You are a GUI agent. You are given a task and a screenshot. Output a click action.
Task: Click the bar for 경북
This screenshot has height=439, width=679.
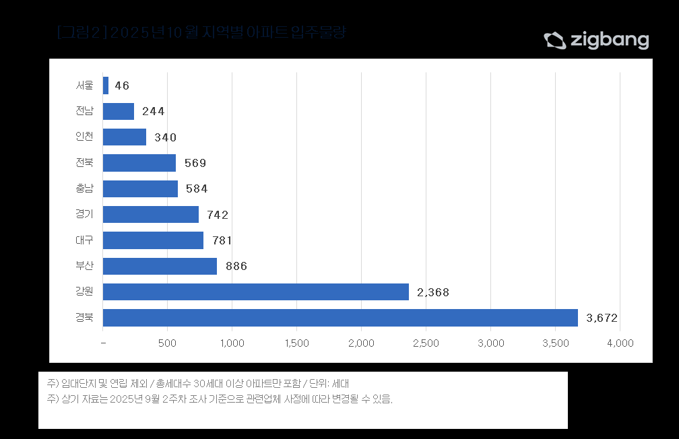click(x=340, y=318)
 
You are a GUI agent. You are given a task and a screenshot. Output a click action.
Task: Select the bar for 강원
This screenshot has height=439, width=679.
click(x=256, y=292)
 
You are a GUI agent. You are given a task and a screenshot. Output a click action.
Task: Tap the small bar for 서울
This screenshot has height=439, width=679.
click(x=106, y=86)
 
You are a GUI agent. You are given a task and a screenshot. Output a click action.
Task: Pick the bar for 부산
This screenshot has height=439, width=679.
click(x=160, y=266)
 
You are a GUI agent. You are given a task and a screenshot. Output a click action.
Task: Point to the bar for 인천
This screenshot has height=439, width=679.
click(x=125, y=137)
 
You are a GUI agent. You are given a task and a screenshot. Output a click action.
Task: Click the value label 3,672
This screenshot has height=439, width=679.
click(x=602, y=318)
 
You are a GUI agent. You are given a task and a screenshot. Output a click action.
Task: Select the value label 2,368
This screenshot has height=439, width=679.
click(x=432, y=292)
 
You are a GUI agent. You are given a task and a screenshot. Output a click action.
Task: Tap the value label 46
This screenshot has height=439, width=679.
click(x=122, y=86)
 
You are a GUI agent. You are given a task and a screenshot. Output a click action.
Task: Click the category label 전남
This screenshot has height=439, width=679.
click(x=85, y=111)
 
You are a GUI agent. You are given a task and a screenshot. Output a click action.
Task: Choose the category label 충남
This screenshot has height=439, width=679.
click(x=85, y=189)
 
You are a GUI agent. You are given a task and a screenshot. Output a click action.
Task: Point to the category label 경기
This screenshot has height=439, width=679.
click(x=85, y=214)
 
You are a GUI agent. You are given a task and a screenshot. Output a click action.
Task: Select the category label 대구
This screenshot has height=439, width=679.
click(x=85, y=240)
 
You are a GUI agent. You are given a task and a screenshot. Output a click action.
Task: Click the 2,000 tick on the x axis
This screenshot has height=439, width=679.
click(x=362, y=343)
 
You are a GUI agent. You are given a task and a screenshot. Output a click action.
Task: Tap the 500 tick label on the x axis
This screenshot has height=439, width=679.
click(x=167, y=343)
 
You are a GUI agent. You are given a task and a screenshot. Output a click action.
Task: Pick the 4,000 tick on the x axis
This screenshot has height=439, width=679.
click(x=620, y=343)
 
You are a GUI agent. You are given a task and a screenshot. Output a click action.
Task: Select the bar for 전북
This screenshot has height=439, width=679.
click(x=139, y=163)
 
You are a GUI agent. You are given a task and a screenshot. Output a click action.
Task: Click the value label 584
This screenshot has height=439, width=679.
click(x=197, y=189)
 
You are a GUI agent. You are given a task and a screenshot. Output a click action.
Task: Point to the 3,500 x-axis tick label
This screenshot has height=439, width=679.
click(x=555, y=343)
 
